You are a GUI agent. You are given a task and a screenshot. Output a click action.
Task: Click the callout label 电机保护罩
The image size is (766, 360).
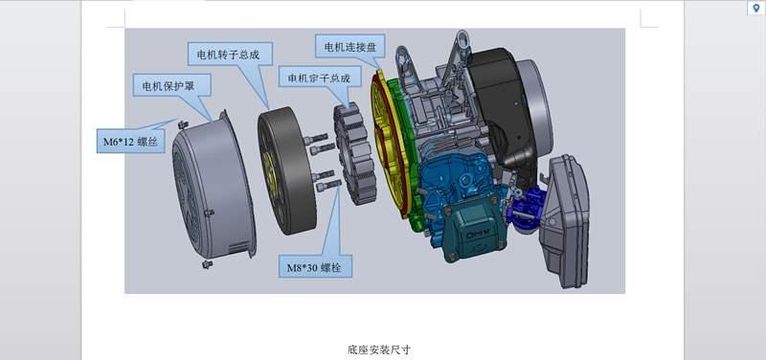(x=172, y=85)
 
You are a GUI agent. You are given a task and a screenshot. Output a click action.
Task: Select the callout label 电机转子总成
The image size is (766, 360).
(x=230, y=54)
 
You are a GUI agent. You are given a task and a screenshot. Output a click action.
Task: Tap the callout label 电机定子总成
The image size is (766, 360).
(x=320, y=77)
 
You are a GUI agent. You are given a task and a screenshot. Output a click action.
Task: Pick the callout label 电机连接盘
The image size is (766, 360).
(x=350, y=46)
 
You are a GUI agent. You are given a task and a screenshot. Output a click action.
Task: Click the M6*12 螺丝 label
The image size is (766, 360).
(x=130, y=141)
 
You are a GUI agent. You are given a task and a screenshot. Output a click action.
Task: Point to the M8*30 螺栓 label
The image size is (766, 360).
(x=316, y=266)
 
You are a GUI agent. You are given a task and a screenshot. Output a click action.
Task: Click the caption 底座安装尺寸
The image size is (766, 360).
(x=379, y=349)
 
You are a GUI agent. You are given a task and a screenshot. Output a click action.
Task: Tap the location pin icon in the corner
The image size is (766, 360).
(x=756, y=8)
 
